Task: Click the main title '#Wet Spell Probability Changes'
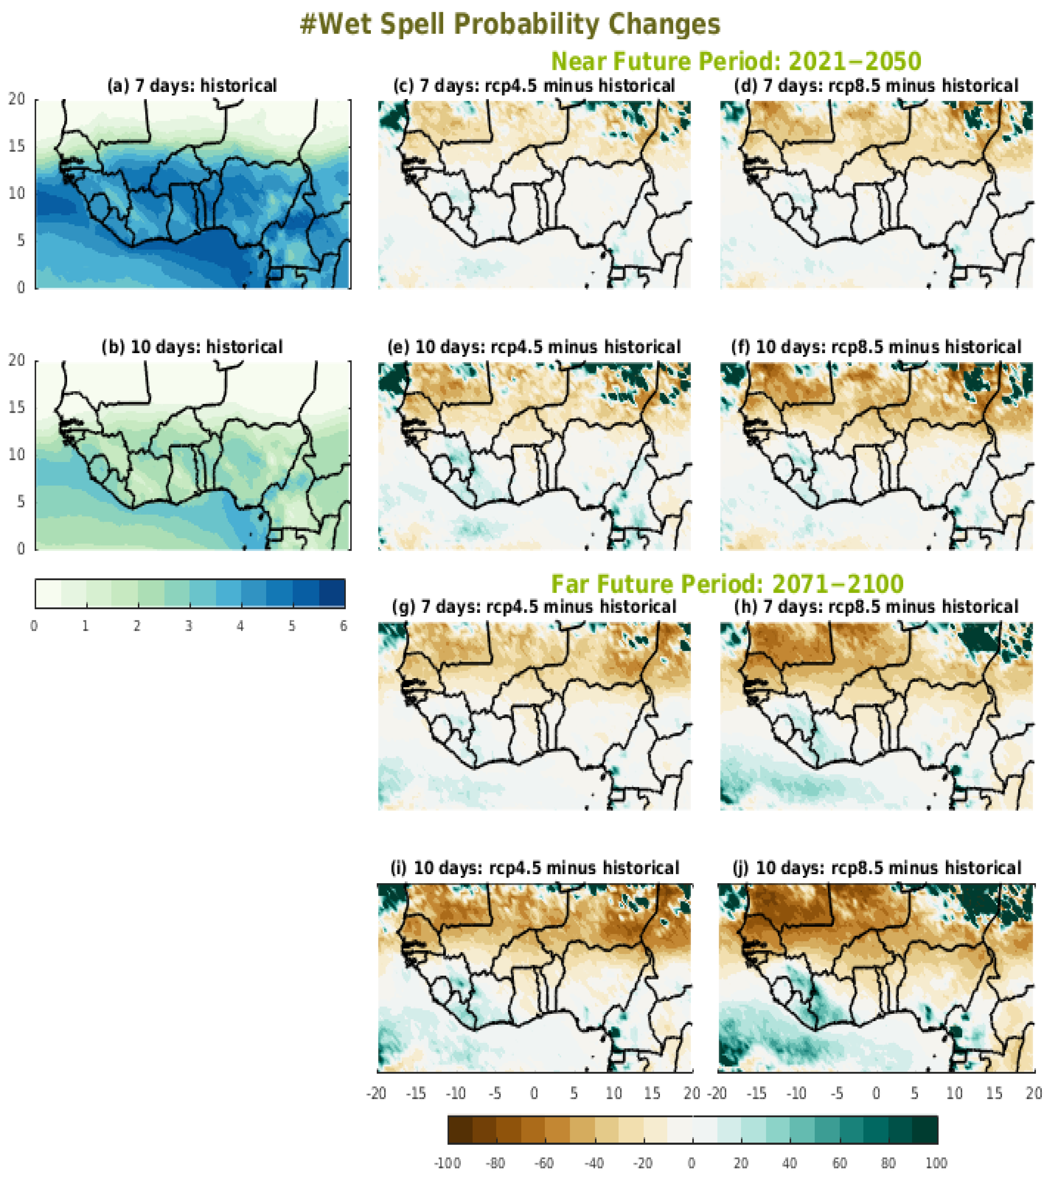510,24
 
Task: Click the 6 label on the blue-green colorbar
344,626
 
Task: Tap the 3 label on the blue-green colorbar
188,626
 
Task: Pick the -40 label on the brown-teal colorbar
594,1163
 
